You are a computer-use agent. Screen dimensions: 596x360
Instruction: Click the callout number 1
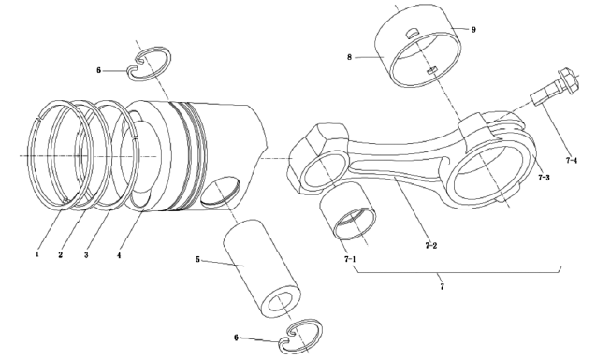pos(37,254)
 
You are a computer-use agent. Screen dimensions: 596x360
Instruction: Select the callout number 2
pos(61,255)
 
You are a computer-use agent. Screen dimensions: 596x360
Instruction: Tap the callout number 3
pos(86,255)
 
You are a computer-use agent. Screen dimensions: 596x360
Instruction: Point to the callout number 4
pos(119,255)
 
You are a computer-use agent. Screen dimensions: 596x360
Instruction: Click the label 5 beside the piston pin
pos(197,260)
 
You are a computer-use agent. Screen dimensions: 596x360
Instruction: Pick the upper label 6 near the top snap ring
pos(99,70)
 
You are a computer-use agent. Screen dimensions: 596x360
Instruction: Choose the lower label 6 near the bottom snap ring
pos(236,338)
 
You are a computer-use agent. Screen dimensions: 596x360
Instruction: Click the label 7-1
pos(350,259)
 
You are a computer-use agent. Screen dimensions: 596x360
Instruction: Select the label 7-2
pos(431,246)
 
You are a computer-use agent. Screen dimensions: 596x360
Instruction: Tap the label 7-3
pos(544,178)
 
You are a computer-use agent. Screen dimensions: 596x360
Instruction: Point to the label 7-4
pos(572,161)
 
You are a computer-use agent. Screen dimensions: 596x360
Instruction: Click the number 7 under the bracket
pos(442,287)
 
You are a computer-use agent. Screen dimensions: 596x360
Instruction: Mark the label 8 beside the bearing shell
pos(350,57)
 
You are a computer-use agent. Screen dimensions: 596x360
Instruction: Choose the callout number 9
pos(473,30)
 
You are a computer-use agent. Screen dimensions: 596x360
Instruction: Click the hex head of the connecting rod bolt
pos(570,80)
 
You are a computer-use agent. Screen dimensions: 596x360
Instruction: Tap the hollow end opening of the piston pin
pos(280,302)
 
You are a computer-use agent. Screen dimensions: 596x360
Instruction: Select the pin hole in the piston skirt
pos(221,191)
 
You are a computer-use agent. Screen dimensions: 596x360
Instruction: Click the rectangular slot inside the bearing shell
pos(432,71)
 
